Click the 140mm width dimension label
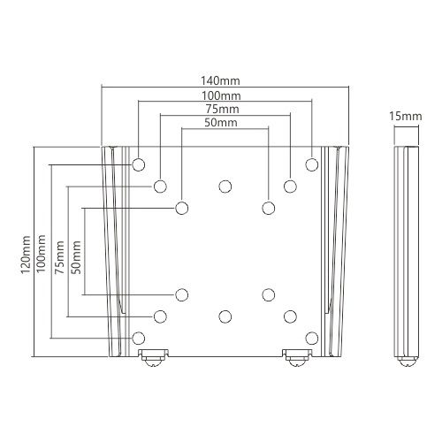(x=225, y=78)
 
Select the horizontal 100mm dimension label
(x=225, y=94)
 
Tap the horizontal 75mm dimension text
(x=225, y=109)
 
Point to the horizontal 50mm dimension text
(x=225, y=124)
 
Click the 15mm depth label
(x=404, y=116)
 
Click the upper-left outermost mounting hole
(x=139, y=164)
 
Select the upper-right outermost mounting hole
(x=310, y=164)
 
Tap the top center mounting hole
(x=225, y=187)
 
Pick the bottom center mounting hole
(x=225, y=316)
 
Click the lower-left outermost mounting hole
(x=139, y=338)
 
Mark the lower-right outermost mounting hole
(x=310, y=338)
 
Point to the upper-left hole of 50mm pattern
(x=181, y=208)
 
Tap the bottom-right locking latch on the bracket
(x=294, y=358)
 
